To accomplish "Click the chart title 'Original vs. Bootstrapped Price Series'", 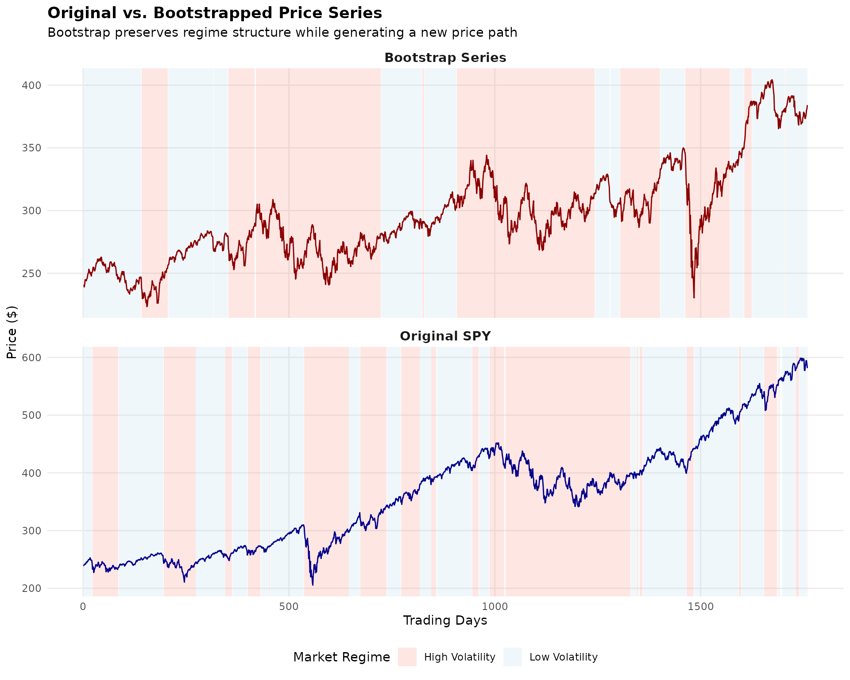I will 215,13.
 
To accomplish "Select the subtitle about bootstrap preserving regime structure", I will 282,33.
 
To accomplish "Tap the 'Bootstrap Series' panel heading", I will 445,58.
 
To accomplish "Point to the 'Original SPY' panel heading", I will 445,336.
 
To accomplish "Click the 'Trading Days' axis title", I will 445,621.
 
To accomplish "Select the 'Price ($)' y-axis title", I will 12,332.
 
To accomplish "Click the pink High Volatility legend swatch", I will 407,657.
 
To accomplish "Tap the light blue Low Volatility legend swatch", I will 513,657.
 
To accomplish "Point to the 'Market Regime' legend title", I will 341,657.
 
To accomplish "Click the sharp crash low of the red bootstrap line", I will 694,297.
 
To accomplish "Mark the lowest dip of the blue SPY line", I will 313,585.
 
